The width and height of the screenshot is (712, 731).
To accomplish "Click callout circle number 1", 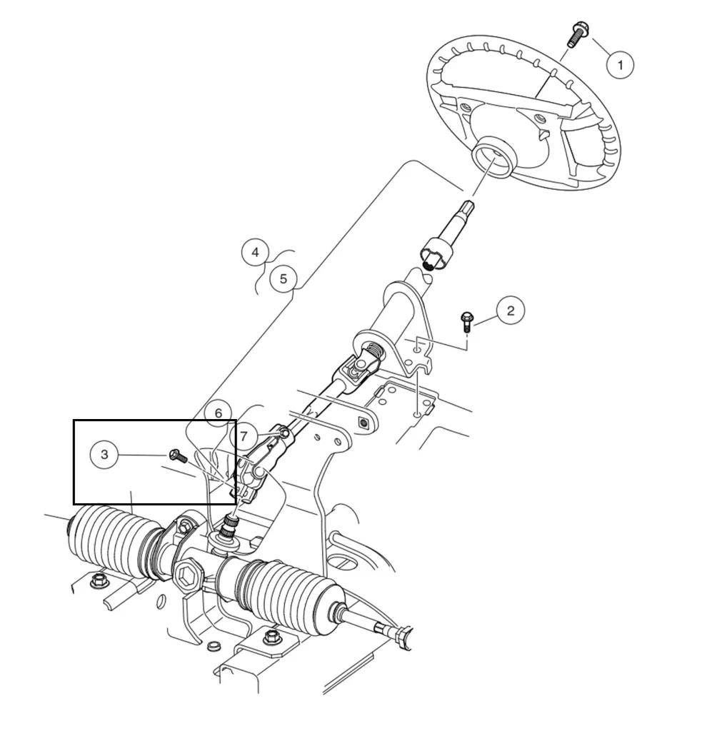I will point(620,65).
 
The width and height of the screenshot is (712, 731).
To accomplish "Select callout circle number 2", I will point(510,311).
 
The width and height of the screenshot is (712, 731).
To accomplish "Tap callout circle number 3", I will point(105,455).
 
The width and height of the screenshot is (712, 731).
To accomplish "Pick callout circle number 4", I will point(255,252).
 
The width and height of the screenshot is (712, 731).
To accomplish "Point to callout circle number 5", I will point(284,278).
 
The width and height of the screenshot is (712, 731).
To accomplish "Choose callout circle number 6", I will point(219,413).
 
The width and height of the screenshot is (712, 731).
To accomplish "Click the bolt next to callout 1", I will point(576,34).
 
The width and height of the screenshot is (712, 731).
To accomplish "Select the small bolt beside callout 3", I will point(176,455).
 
